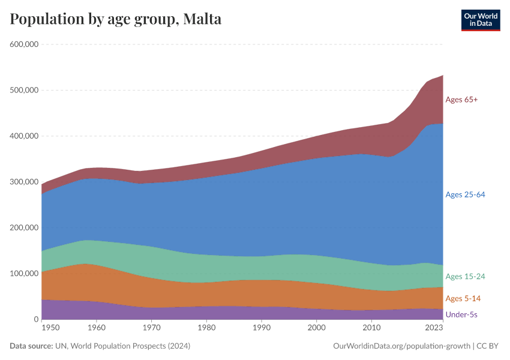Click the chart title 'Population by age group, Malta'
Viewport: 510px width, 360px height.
coord(116,19)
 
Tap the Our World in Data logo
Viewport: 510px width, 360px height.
coord(480,20)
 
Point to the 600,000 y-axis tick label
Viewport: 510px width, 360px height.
coord(24,44)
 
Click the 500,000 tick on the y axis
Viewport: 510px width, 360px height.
coord(24,90)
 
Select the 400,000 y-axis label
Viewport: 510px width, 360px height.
coord(24,136)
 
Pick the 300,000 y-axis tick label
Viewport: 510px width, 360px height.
coord(24,182)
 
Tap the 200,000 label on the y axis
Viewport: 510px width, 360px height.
coord(24,228)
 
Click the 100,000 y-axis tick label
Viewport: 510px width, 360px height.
coord(24,274)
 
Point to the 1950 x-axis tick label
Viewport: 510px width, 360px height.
coord(50,328)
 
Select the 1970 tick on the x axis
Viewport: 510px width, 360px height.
coord(152,328)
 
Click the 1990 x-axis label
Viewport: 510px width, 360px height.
coord(262,328)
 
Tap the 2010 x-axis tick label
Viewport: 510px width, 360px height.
coord(372,328)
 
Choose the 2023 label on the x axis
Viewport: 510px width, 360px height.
coord(434,328)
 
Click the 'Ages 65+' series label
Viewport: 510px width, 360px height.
coord(461,100)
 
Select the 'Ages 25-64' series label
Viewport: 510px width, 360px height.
coord(465,194)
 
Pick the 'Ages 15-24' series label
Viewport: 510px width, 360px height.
coord(465,277)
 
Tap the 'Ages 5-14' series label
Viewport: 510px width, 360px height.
coord(463,299)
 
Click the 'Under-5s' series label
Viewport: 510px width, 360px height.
coord(461,314)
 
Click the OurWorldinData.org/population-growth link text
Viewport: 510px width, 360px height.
coord(401,346)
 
